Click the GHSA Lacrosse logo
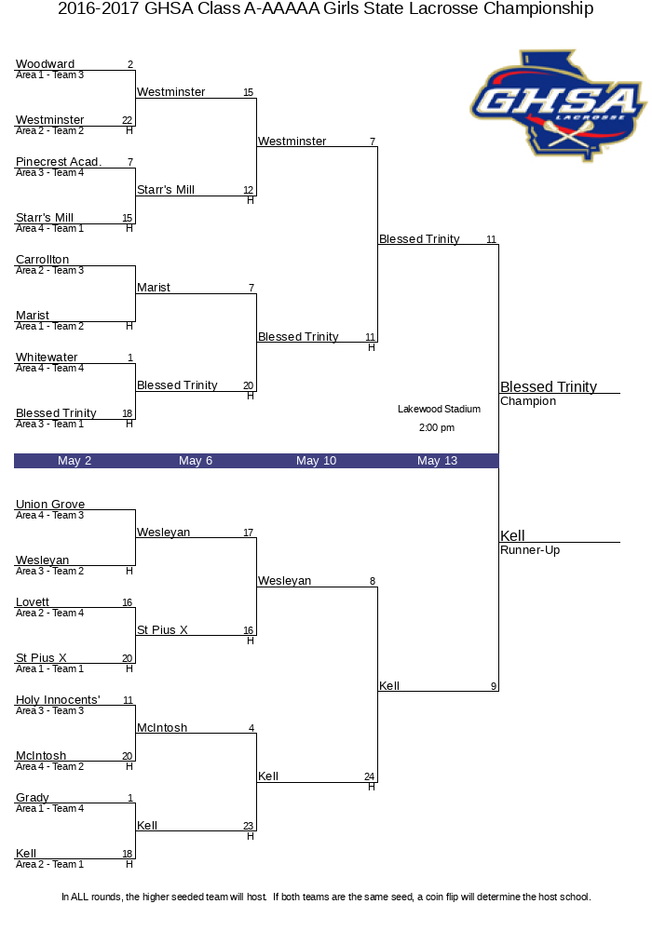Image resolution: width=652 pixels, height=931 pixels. click(558, 106)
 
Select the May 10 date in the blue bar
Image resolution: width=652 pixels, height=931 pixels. click(316, 461)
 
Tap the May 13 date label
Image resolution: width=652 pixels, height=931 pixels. click(437, 461)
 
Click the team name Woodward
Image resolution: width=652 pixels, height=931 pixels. click(45, 63)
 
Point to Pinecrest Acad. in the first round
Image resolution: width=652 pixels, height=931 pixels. click(59, 161)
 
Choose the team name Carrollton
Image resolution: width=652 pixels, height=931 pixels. click(42, 260)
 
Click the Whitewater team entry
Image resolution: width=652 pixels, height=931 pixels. click(47, 358)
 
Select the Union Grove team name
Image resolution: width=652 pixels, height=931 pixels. click(50, 504)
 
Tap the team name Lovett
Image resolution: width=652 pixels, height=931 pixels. click(32, 602)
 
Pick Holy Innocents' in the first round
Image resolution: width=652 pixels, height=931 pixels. click(58, 700)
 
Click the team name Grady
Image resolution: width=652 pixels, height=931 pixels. click(32, 798)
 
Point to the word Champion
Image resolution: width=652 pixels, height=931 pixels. click(528, 400)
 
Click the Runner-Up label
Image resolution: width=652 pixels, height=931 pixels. click(530, 550)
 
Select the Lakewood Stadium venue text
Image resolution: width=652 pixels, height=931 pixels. click(439, 409)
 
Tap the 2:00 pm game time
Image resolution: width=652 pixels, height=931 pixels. click(437, 427)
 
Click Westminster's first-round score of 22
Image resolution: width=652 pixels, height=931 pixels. click(127, 120)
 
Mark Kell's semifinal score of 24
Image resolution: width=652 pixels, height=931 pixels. click(370, 776)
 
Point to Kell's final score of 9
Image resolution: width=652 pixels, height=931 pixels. click(494, 686)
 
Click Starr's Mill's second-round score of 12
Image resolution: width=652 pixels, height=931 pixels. click(248, 190)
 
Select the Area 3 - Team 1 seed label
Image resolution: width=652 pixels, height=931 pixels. click(50, 424)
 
